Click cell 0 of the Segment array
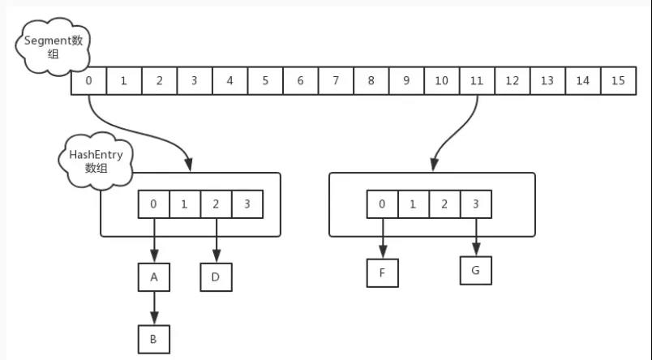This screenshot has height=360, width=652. click(x=88, y=80)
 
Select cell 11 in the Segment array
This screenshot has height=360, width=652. click(x=477, y=80)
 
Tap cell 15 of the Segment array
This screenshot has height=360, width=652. click(x=618, y=80)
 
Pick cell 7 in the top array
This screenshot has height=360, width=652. click(x=336, y=80)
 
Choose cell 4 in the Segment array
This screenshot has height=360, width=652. click(x=230, y=80)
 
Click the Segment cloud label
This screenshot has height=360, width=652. click(x=53, y=46)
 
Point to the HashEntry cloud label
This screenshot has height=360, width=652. click(x=96, y=161)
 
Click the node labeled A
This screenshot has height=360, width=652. click(x=154, y=277)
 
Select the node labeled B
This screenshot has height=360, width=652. click(x=154, y=339)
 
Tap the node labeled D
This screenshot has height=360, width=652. click(x=216, y=277)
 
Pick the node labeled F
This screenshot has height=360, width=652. click(x=382, y=273)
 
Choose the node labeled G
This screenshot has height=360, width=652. click(x=476, y=271)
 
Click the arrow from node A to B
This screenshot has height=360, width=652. click(x=154, y=308)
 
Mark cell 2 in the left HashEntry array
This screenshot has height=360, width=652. click(x=216, y=204)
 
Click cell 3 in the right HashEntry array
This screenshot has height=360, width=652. click(x=476, y=204)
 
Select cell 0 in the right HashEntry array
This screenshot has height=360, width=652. click(x=382, y=204)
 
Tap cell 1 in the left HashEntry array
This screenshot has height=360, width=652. click(x=185, y=204)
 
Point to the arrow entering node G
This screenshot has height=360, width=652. click(x=476, y=237)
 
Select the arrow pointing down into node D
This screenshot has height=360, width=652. click(x=217, y=240)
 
